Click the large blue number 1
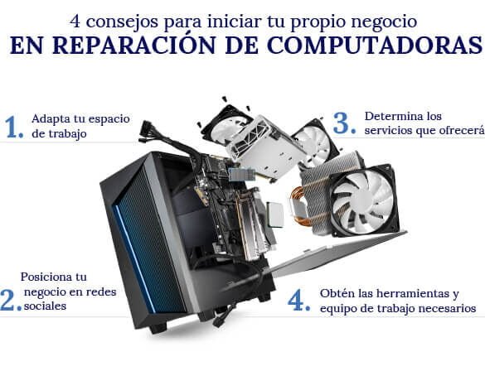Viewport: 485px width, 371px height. click(13, 127)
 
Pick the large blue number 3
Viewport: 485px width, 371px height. click(344, 123)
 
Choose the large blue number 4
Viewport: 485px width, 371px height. click(298, 300)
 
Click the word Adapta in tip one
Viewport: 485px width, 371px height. click(51, 119)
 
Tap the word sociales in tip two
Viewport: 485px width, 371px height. click(45, 306)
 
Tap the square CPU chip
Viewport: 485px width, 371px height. click(274, 214)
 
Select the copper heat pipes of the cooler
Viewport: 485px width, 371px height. click(298, 205)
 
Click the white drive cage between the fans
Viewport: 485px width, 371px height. click(265, 147)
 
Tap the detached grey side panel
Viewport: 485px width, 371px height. click(334, 253)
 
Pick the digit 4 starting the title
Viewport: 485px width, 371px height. click(75, 22)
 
